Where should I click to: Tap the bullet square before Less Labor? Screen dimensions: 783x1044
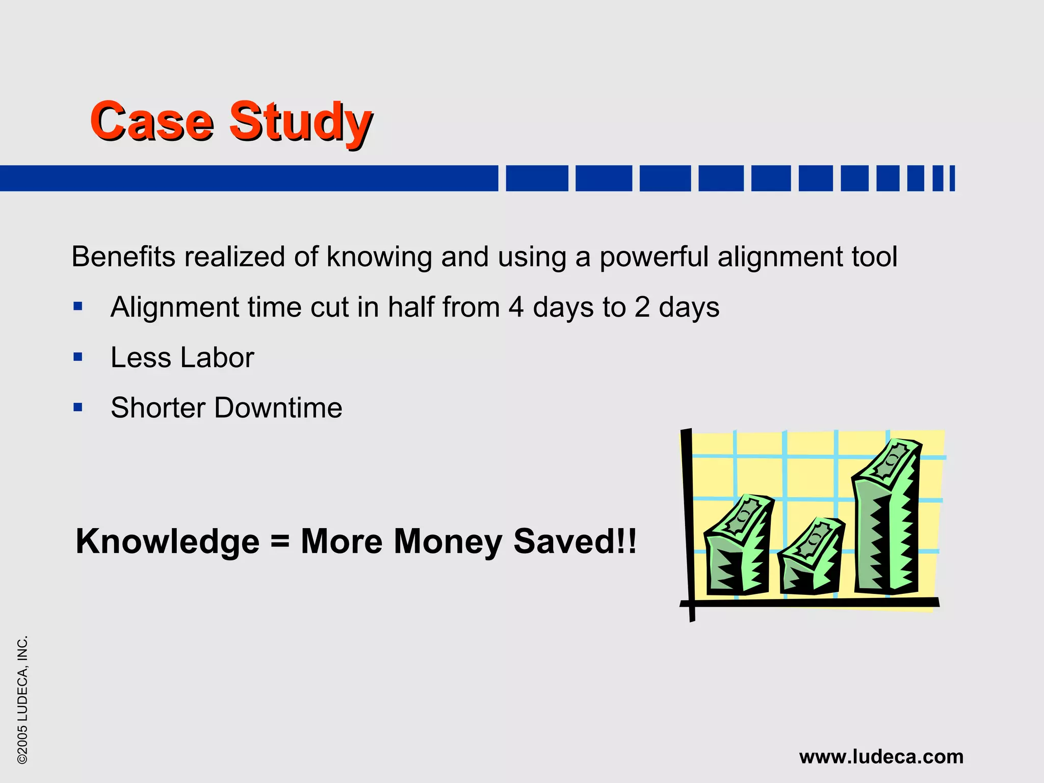click(78, 357)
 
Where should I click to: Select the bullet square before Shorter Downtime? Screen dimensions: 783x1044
click(78, 407)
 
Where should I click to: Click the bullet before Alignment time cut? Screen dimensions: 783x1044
click(78, 306)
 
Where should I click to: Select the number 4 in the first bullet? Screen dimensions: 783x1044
click(516, 307)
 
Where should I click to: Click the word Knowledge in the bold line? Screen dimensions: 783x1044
click(167, 541)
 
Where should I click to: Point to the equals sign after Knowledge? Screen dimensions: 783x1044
click(280, 541)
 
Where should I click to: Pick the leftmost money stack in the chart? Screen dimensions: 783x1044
click(737, 548)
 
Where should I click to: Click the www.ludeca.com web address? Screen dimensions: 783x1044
click(881, 756)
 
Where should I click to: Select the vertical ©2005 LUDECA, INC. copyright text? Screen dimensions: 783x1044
click(23, 699)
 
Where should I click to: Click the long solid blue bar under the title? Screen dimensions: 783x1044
click(249, 178)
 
